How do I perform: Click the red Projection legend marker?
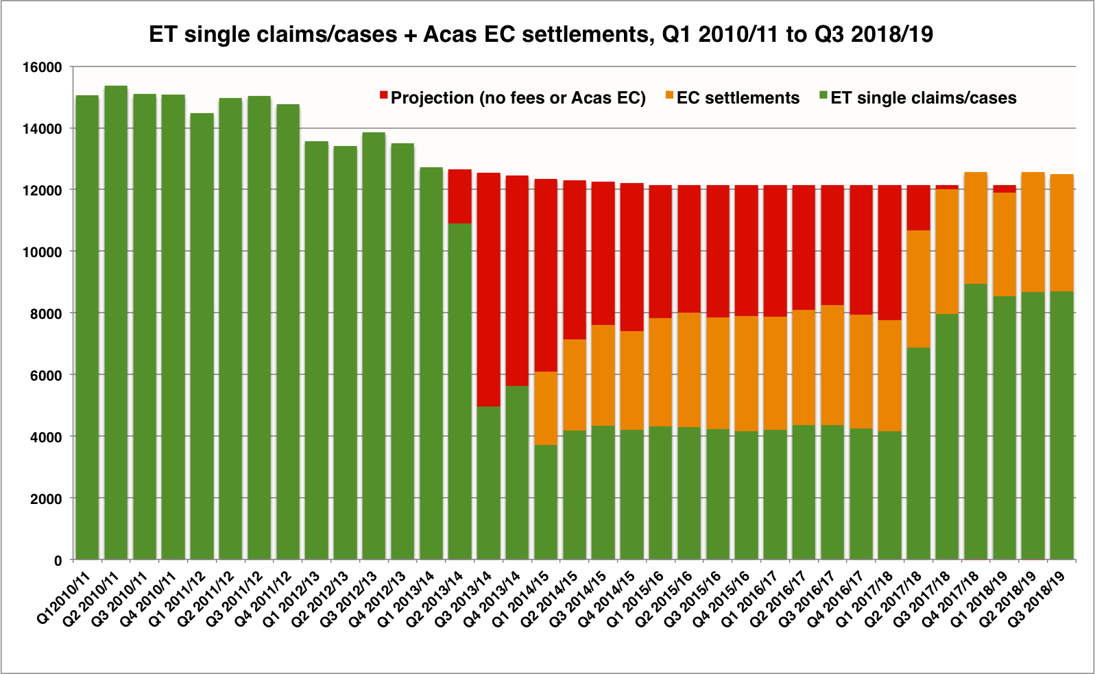point(384,94)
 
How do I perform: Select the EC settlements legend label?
point(738,98)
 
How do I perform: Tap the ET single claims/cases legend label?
point(923,98)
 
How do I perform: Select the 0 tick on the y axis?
point(58,560)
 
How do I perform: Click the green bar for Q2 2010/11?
point(116,322)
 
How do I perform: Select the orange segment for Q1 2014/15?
point(546,408)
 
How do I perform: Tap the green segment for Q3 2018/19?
point(1061,425)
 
